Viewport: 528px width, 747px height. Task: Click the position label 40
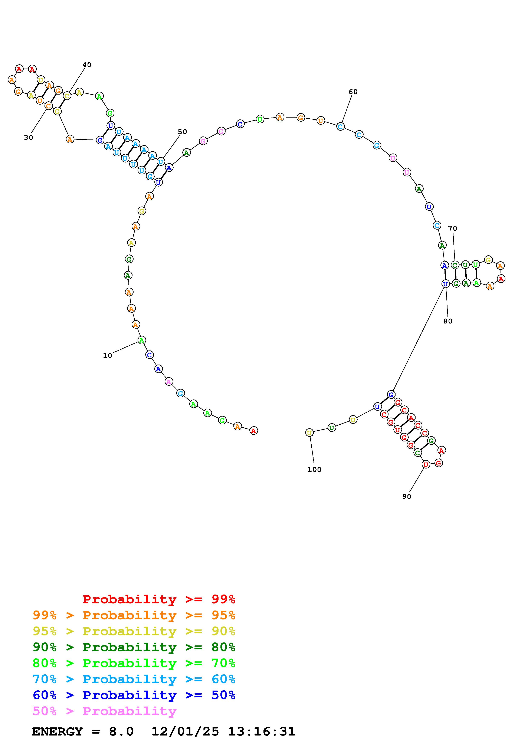click(87, 65)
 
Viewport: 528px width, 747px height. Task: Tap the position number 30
click(29, 138)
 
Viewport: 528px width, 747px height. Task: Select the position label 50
click(183, 132)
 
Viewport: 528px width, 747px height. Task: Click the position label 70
click(453, 228)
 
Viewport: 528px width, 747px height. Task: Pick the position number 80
click(448, 321)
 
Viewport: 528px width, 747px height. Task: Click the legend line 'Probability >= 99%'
click(159, 599)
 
